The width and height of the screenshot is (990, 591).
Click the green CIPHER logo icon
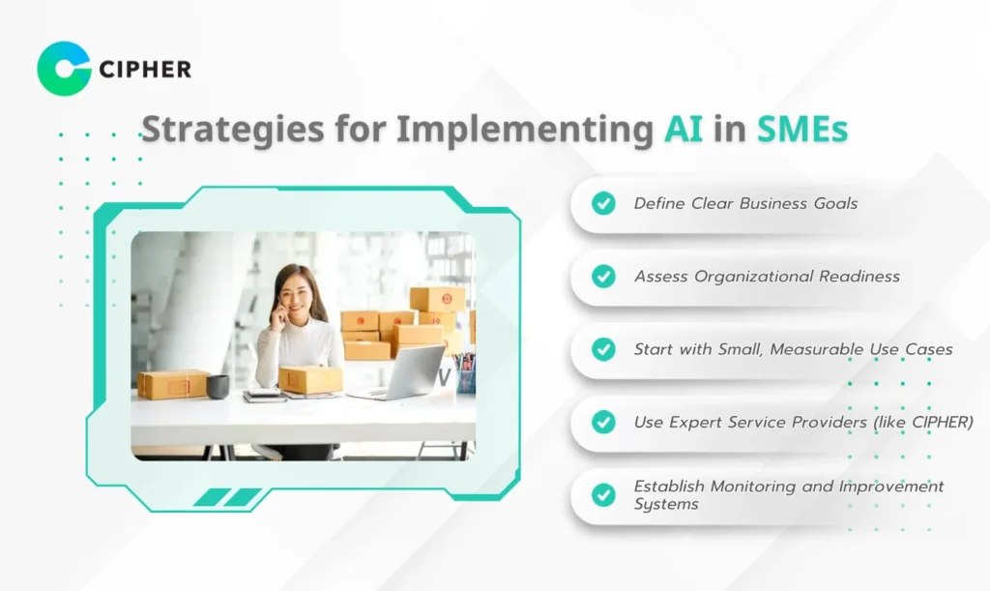tap(64, 69)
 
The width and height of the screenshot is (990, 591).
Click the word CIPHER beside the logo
tap(145, 70)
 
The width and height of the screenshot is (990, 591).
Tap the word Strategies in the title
tap(232, 130)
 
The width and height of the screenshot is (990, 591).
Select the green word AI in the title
tap(684, 129)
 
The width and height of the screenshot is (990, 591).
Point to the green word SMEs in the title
tap(802, 129)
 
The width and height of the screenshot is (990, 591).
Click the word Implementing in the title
tap(525, 130)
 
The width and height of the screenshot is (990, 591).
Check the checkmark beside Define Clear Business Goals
tap(603, 203)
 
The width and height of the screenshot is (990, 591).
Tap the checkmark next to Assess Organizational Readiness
tap(603, 276)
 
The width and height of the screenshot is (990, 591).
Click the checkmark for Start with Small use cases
tap(603, 349)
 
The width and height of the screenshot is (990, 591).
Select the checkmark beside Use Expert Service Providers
tap(603, 422)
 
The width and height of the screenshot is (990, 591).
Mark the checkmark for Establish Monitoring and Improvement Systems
tap(603, 495)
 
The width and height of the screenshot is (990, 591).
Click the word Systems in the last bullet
tap(666, 505)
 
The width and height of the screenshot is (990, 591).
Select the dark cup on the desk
tap(218, 387)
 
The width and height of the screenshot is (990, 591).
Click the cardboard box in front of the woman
tap(310, 379)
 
